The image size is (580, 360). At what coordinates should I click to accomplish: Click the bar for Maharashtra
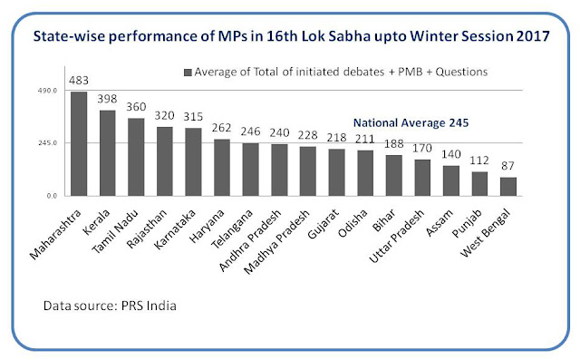tap(79, 144)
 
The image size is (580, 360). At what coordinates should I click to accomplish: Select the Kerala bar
tap(108, 153)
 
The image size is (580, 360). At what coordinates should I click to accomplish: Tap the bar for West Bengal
tap(508, 187)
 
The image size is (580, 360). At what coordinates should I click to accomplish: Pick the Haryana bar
tap(222, 168)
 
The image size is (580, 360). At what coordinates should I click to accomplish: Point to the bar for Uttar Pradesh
tap(422, 178)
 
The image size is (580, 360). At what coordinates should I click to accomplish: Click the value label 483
tap(79, 81)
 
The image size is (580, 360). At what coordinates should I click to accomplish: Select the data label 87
tap(507, 166)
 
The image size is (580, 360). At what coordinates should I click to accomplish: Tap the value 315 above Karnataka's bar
tap(193, 117)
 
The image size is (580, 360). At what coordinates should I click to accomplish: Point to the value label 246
tap(250, 131)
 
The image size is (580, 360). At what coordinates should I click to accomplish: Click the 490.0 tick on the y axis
tap(47, 91)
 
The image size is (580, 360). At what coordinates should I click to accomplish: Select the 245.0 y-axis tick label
tap(47, 143)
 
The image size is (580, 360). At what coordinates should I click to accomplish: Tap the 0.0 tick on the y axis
tap(52, 196)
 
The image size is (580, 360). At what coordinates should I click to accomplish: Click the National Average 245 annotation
tap(411, 122)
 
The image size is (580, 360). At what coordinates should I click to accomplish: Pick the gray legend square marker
tap(188, 73)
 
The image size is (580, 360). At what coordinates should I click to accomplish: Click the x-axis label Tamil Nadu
tap(115, 231)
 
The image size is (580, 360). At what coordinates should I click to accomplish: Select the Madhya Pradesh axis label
tap(276, 242)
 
